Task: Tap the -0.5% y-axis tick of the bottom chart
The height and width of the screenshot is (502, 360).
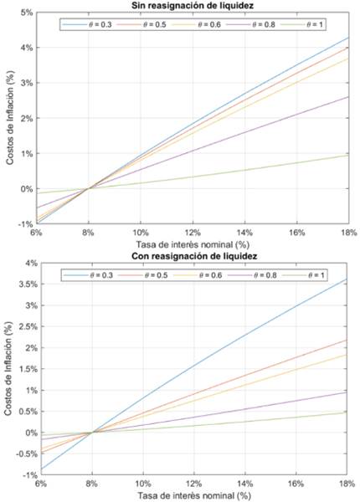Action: click(22, 453)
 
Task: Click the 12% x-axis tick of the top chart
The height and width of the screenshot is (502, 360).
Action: click(194, 232)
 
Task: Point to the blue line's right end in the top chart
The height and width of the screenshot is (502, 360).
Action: click(349, 38)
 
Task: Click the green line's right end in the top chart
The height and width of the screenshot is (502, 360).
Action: click(349, 155)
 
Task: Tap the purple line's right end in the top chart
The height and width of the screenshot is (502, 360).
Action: click(349, 97)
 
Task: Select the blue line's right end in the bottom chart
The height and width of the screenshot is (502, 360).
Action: click(349, 279)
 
